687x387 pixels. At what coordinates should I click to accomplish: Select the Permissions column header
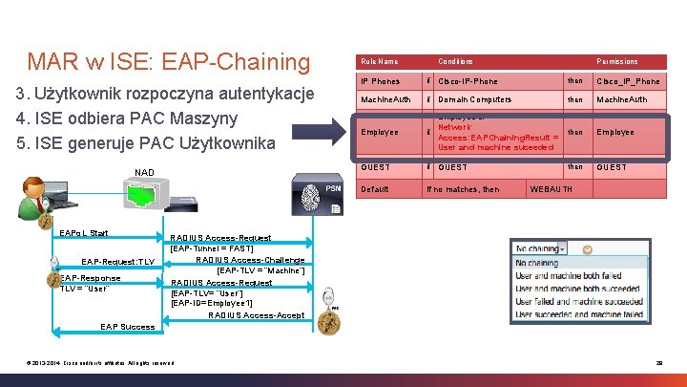617,61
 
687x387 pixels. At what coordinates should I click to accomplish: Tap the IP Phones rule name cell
379,81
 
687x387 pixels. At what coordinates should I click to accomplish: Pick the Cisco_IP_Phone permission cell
628,81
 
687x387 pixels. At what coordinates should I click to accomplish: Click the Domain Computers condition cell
474,99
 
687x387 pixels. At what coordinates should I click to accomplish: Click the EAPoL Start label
83,233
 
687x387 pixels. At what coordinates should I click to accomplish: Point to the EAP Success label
127,327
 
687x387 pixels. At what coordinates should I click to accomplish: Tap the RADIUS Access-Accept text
256,315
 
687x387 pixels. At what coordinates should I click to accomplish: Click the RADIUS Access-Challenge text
250,260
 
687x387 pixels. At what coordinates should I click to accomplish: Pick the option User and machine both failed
570,275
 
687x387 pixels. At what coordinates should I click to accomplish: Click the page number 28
657,360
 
